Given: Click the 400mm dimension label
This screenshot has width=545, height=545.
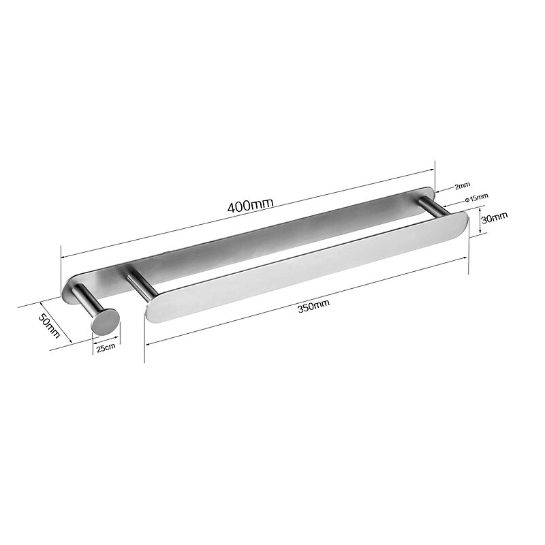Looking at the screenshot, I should [x=250, y=205].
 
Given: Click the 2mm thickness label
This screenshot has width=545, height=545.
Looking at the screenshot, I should [x=463, y=185].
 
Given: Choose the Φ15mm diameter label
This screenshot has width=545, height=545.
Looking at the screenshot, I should [x=476, y=198].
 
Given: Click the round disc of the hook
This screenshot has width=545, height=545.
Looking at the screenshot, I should [x=105, y=320].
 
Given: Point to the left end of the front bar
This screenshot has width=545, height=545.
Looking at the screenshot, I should [x=151, y=307].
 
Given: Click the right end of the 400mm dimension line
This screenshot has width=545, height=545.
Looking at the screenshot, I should [x=434, y=169].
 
